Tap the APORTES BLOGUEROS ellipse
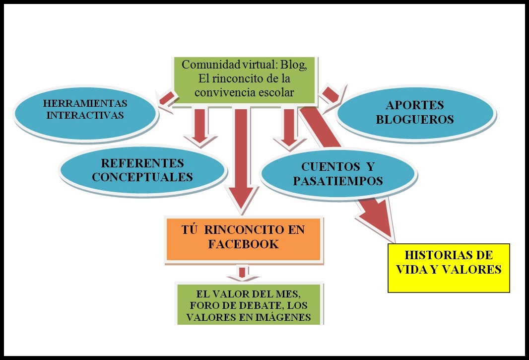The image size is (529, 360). pyautogui.click(x=415, y=113)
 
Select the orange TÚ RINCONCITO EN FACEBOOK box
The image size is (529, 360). pyautogui.click(x=243, y=237)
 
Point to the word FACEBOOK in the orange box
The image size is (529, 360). pyautogui.click(x=243, y=244)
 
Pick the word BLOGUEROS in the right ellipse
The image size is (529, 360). pyautogui.click(x=415, y=120)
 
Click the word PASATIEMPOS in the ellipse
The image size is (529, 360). pyautogui.click(x=337, y=181)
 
